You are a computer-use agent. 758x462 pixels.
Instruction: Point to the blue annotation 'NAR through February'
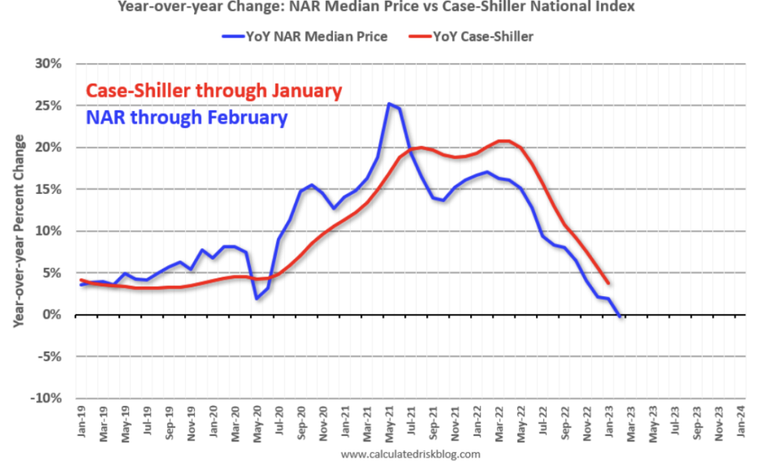(187, 117)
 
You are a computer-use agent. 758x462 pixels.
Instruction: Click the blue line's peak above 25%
(389, 104)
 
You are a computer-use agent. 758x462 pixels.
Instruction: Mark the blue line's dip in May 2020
(256, 298)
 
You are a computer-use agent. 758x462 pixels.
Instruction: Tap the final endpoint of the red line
(608, 283)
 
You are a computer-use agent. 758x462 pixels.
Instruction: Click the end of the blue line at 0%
(619, 315)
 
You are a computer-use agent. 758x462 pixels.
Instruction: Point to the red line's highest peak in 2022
(503, 141)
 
